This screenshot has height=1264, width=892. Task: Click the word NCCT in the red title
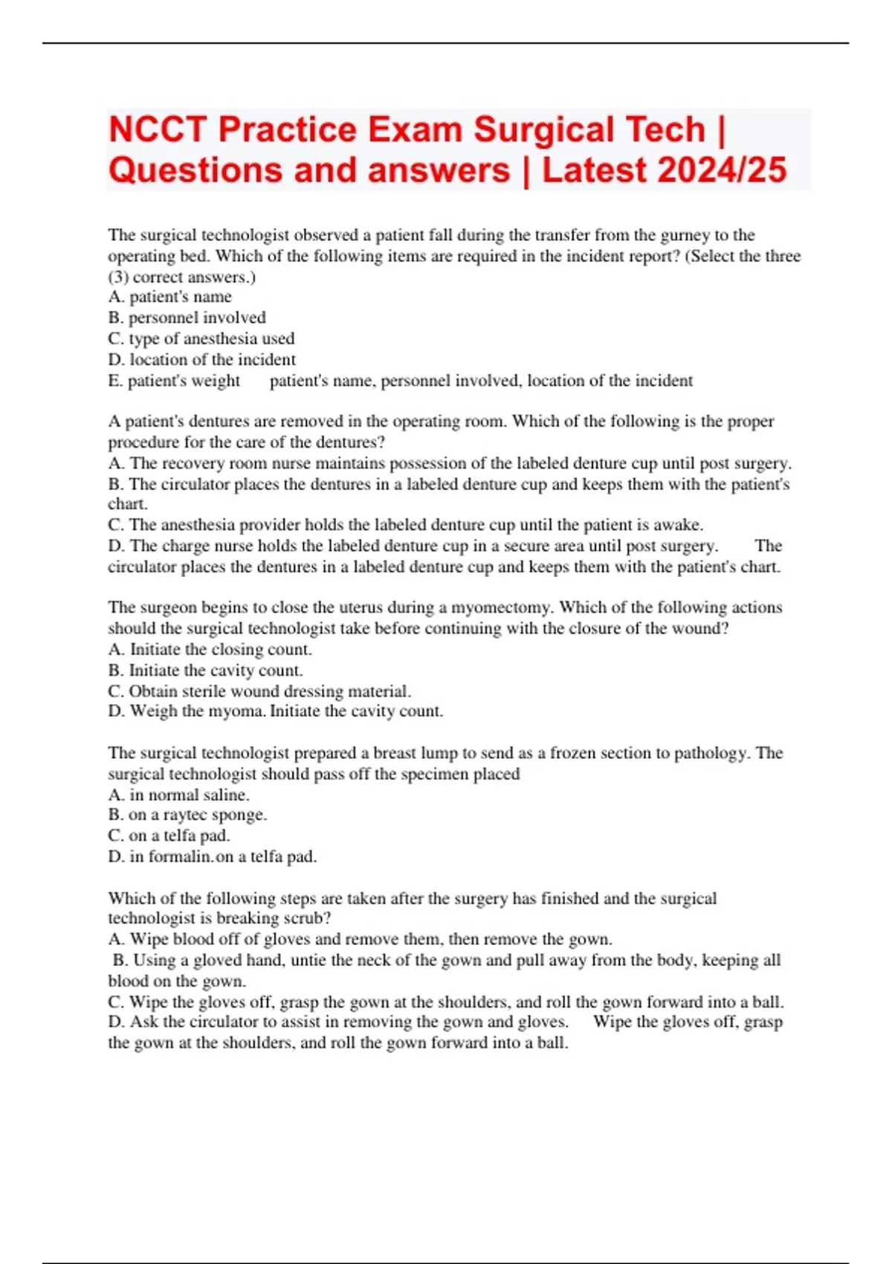click(x=157, y=130)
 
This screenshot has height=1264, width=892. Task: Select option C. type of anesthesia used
click(x=201, y=339)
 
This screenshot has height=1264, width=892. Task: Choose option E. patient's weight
click(x=174, y=381)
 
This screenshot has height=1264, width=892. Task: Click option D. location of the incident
click(x=201, y=360)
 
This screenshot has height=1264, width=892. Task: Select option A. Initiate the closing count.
click(x=210, y=649)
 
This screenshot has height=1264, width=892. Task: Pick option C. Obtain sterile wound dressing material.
click(x=259, y=691)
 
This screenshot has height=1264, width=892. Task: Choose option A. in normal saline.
click(x=178, y=795)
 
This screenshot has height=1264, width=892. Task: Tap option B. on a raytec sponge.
click(x=187, y=815)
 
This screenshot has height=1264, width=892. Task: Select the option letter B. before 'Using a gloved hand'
click(x=120, y=960)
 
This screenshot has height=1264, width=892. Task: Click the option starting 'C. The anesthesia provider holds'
click(x=405, y=525)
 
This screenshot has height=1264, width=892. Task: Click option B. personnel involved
click(x=187, y=318)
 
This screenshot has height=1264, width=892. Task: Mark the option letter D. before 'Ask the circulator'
click(x=116, y=1022)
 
